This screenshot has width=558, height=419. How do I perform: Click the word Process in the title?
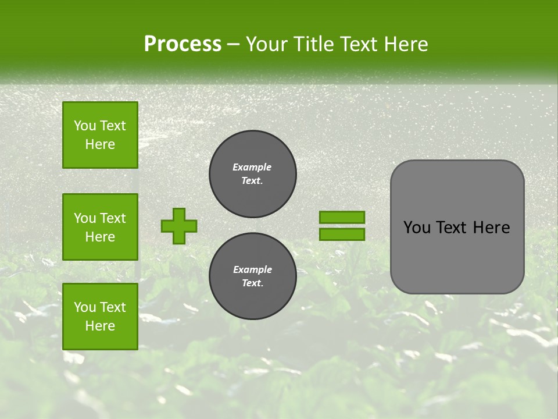(183, 44)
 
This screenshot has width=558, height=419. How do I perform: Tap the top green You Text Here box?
(100, 135)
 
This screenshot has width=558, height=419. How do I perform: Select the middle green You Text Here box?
(100, 227)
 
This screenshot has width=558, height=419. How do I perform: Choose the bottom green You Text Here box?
(100, 317)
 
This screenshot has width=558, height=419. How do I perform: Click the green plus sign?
(179, 226)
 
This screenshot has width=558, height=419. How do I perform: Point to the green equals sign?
(342, 226)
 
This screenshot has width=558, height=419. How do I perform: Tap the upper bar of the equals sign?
(342, 217)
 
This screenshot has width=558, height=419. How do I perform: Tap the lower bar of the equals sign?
(342, 235)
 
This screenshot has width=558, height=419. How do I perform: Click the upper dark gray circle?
(253, 174)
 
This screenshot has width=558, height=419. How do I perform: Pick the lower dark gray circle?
(253, 276)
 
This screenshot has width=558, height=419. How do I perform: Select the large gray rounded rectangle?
(457, 227)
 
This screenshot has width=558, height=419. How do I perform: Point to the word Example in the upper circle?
(252, 167)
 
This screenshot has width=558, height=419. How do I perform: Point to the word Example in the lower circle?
(252, 269)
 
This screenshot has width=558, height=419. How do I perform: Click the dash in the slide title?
(233, 45)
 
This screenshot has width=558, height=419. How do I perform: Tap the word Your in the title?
(266, 44)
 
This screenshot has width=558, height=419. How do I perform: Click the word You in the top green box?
(84, 126)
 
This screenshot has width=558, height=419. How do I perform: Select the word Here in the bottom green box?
(100, 326)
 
